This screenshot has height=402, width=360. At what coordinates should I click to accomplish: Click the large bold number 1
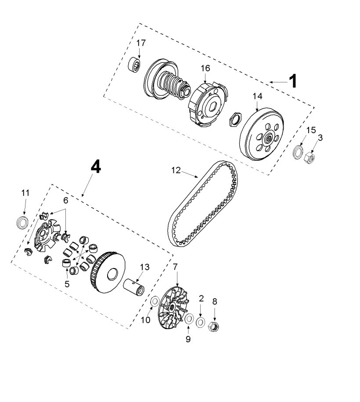pos(293,81)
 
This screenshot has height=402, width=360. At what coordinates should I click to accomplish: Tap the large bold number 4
pos(96,167)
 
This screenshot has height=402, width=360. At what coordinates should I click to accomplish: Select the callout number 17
pos(141,43)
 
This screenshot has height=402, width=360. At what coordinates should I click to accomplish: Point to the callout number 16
pos(205,68)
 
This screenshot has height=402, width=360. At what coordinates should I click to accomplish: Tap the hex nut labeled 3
pos(310,157)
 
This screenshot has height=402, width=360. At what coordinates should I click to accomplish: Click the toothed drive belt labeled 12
pos(203,204)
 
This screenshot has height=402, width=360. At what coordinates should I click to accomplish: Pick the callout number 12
pos(176,170)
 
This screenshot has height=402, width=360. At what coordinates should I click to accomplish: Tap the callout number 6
pos(66,200)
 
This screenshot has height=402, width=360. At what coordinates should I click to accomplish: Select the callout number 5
pos(67,284)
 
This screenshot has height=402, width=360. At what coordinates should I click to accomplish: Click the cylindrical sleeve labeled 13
pos(134,287)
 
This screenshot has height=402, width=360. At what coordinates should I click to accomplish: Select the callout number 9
pos(188,340)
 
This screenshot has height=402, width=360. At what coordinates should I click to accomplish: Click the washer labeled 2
pos(200,322)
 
